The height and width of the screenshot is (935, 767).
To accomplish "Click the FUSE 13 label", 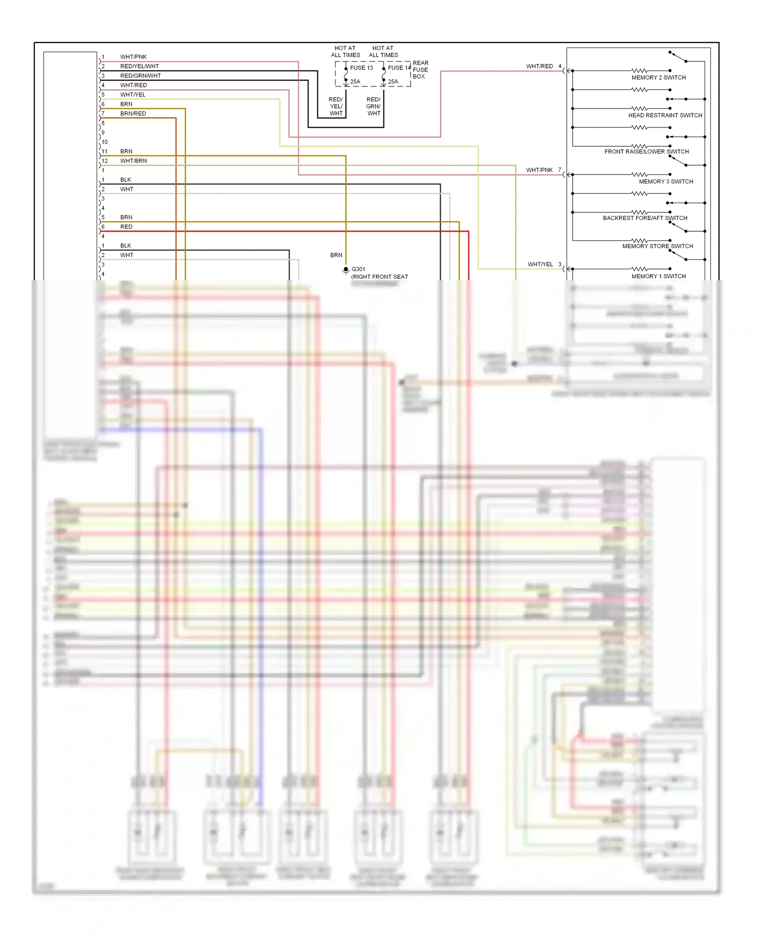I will pos(361,68).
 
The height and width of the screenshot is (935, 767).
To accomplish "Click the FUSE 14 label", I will pos(399,68).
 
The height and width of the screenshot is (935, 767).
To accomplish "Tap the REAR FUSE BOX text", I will pos(420,70).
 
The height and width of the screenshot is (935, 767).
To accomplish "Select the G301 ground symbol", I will pos(346,270).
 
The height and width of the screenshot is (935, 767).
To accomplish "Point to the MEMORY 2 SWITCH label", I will pos(659,78).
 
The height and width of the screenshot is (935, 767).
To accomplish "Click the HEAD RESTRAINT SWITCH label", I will pos(665,116).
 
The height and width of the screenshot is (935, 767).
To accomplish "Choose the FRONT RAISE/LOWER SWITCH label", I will pos(646,152).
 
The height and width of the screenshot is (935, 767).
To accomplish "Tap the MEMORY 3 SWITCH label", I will pos(666,182).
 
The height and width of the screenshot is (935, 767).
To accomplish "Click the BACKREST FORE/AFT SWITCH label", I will pos(645,218).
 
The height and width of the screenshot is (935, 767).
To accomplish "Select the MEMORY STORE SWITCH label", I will pos(658,246).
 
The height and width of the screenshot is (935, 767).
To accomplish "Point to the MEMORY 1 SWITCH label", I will pos(659,276).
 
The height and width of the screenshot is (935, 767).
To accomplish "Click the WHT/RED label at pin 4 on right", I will pos(539,66).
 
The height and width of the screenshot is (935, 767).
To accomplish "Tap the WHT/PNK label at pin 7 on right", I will pos(539,170).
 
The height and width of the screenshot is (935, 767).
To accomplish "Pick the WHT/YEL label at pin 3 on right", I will pos(540,264).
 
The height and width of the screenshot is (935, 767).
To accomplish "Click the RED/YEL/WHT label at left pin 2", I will pos(140,66).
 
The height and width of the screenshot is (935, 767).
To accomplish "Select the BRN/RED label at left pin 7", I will pos(133,114).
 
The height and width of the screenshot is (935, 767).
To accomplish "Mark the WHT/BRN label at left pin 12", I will pos(133,161).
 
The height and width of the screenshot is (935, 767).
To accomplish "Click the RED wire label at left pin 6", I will pos(126,227).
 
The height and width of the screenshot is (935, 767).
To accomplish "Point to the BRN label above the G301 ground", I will pos(336,255).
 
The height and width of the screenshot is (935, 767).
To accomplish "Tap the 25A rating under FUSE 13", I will pos(355,82).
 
